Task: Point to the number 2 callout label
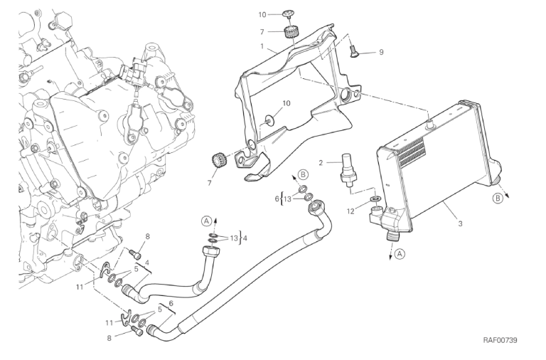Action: [321, 162]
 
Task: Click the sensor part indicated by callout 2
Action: [348, 168]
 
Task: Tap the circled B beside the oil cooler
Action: [498, 198]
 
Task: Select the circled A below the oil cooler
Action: [400, 253]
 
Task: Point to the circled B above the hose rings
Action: [301, 174]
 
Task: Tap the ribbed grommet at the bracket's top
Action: [289, 32]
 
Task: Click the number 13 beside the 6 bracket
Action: [287, 200]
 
